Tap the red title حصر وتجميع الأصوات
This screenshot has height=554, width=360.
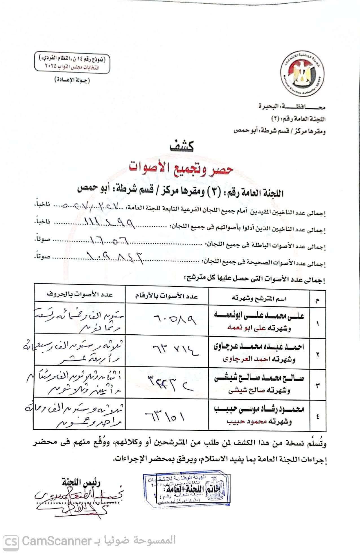coord(181,168)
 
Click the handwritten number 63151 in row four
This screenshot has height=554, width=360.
coord(165,416)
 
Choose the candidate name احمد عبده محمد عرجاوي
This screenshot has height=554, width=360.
coord(259,347)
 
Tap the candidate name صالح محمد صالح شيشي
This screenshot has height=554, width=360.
coord(259,378)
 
